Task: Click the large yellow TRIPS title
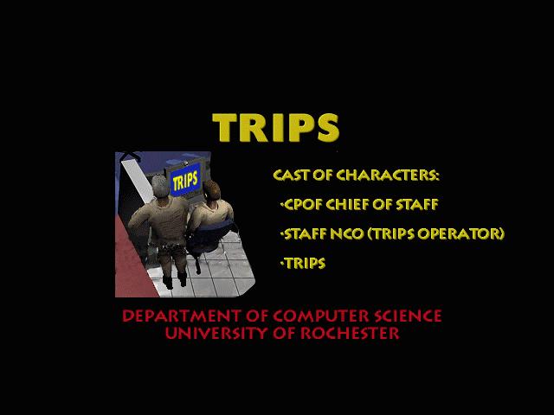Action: (x=276, y=128)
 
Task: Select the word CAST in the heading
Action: (x=291, y=175)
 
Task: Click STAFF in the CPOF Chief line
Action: (x=417, y=204)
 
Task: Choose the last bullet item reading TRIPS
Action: (x=305, y=263)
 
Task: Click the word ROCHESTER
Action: (x=350, y=333)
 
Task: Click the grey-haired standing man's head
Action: (x=161, y=186)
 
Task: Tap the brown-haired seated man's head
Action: (x=211, y=191)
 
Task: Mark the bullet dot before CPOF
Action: (x=281, y=204)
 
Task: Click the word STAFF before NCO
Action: (x=305, y=233)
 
